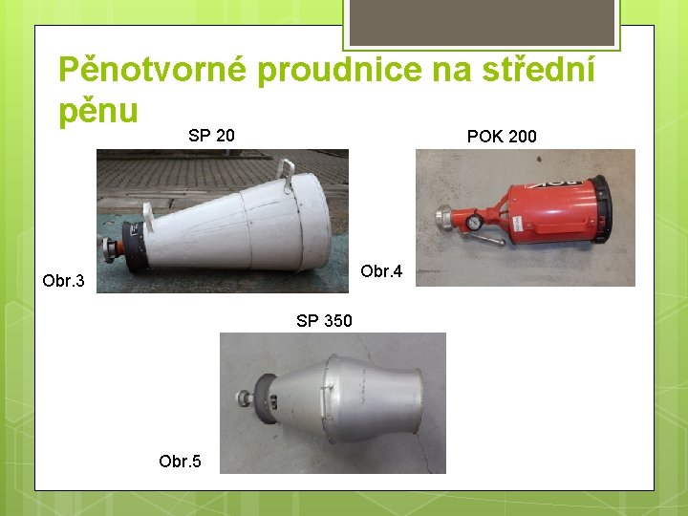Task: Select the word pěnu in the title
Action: pyautogui.click(x=98, y=110)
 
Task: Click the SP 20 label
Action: pyautogui.click(x=211, y=136)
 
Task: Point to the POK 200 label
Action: pyautogui.click(x=502, y=137)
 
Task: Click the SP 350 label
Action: pyautogui.click(x=324, y=321)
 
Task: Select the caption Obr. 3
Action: pyautogui.click(x=64, y=281)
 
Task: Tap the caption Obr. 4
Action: pyautogui.click(x=381, y=272)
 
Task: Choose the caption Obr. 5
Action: pyautogui.click(x=181, y=462)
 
